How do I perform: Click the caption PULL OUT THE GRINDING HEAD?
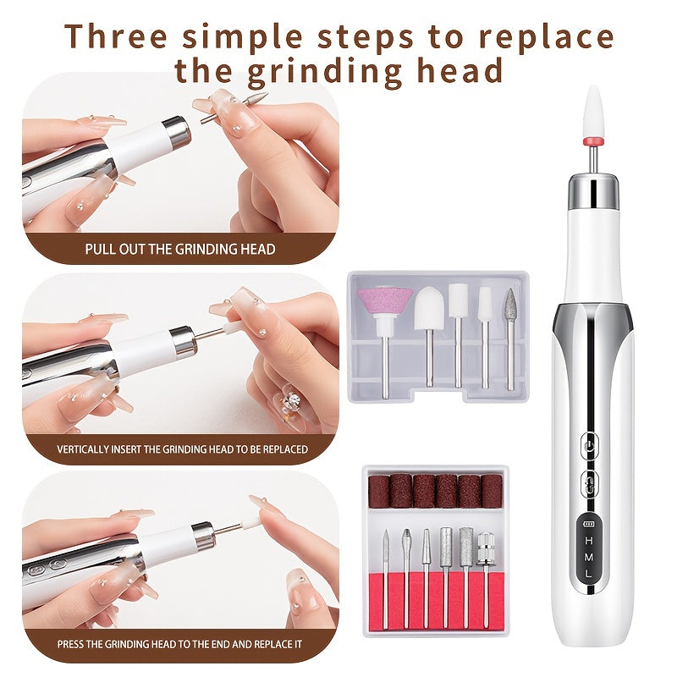point(179,249)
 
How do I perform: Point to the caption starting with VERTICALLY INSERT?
point(182,449)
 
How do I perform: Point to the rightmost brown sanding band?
point(491,491)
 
